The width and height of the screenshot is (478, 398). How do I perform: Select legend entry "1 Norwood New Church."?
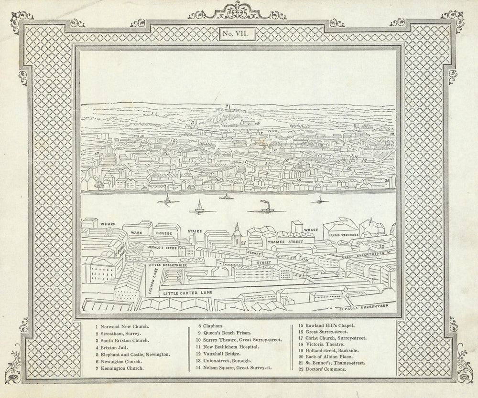[x=122, y=326]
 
